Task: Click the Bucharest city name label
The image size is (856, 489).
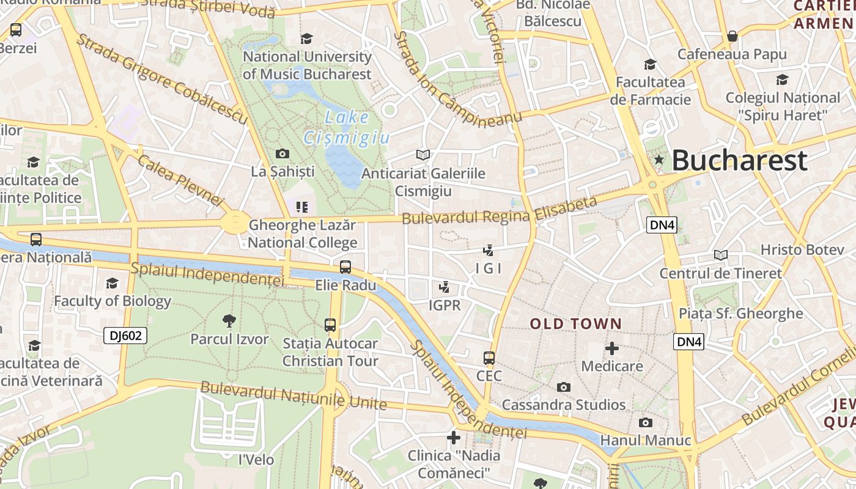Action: coord(739,161)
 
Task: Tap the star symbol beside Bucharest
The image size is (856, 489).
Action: coord(659,160)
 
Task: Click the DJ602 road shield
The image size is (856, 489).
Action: coord(125,336)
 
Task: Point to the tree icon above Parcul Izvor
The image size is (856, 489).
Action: coord(229,320)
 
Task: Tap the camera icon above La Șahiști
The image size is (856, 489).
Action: coord(282,153)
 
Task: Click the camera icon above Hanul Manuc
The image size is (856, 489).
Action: coord(645,422)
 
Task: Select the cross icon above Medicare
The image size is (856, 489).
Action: coord(611,348)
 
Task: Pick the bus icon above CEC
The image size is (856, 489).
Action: coord(489,358)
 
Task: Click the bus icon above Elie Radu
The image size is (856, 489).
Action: coord(345,267)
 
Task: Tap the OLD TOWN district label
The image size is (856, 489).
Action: coord(575,324)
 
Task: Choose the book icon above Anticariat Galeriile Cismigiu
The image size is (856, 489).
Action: coord(422,155)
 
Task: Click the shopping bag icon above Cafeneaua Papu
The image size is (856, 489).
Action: coord(732,37)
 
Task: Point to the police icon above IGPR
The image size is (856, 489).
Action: coord(445,287)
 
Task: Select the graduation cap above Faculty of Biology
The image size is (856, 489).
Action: coord(112,283)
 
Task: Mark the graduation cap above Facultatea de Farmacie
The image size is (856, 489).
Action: coord(650,64)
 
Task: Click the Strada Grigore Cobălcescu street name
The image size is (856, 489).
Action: coord(161,79)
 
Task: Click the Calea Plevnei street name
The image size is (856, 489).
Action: coord(181,180)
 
